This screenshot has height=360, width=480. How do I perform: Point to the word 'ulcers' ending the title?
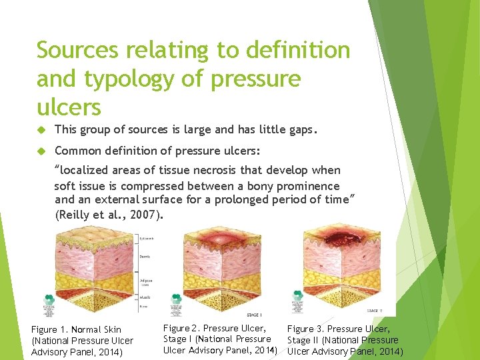(x=69, y=107)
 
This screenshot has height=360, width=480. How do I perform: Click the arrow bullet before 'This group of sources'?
(x=41, y=131)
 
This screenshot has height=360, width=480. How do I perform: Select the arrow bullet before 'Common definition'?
(x=41, y=151)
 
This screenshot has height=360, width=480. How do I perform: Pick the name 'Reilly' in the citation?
(x=75, y=215)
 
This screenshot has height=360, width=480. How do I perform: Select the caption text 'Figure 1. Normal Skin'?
(x=77, y=330)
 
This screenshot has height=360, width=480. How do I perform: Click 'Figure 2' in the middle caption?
(x=181, y=328)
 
